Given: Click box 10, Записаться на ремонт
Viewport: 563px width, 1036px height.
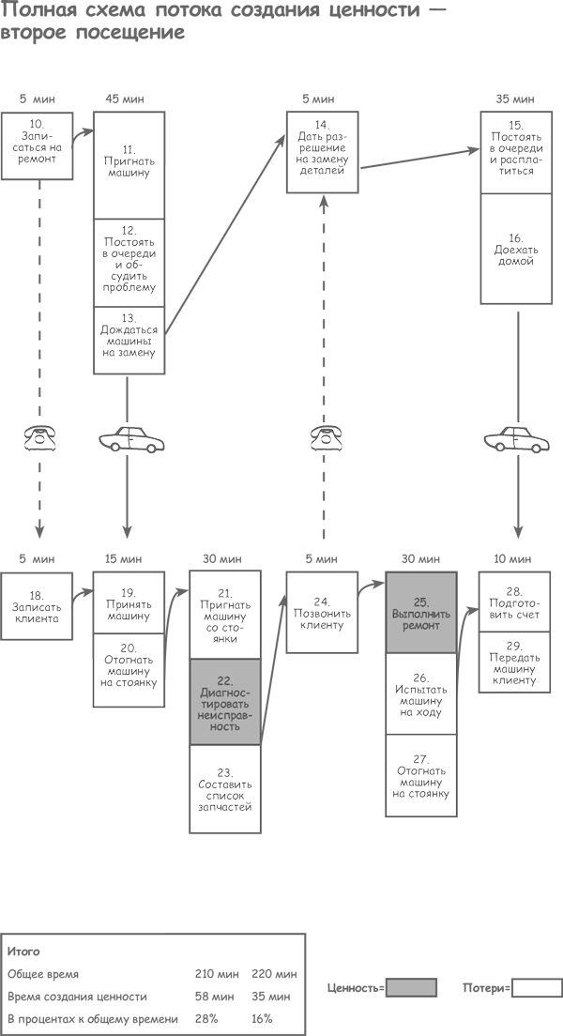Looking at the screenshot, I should coord(36,142).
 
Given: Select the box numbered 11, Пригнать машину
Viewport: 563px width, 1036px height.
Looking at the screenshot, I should coord(129,165).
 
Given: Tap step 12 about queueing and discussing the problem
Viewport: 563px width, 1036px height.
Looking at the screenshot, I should coord(129,263).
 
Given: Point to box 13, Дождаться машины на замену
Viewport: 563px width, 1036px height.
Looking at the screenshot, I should coord(129,339).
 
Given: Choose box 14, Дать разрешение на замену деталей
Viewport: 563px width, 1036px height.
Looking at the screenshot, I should coord(322,152).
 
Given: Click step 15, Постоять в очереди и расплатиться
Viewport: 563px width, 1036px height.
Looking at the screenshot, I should coord(515,153).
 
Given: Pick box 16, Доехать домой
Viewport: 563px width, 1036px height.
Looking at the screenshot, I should coord(515,249).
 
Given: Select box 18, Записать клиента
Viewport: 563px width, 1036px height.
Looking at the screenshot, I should coord(36,606).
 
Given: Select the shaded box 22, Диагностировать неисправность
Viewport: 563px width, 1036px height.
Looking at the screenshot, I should coord(225,702).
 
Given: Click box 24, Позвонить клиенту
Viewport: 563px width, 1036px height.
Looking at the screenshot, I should coord(322,612).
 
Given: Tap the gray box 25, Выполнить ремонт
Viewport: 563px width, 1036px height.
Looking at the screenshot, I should coord(421,613).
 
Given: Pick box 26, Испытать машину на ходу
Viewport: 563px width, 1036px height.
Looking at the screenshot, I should coord(421,693).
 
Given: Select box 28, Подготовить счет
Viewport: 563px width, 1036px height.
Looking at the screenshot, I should coord(514,602).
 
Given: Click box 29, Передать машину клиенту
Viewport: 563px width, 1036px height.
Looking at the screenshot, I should coord(514,662).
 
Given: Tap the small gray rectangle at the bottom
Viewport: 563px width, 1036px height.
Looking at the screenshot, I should coord(412,987).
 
